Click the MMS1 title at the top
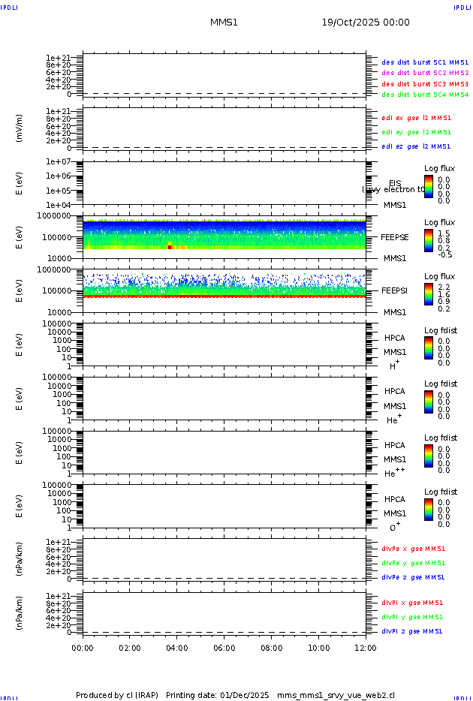pos(224,23)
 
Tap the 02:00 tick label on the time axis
pos(130,648)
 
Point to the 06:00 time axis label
pos(224,648)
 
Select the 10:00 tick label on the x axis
pos(319,648)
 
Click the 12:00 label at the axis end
pos(366,648)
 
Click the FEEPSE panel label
pos(394,236)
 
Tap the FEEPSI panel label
pos(394,290)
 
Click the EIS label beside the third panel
pos(395,183)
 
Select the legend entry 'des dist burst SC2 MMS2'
pos(425,73)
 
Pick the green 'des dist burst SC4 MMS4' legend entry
pos(425,95)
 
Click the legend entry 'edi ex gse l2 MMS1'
pos(417,118)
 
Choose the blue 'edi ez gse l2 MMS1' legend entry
pos(417,146)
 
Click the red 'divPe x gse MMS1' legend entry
pos(414,549)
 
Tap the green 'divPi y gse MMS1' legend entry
pos(412,617)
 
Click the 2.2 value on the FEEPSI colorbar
pos(444,287)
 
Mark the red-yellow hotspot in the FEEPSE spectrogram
pos(170,245)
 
